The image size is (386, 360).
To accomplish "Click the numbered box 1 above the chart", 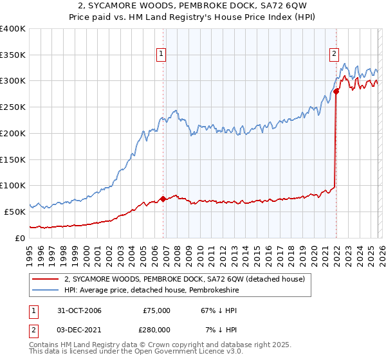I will tap(160, 55).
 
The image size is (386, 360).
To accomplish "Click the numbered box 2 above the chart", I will tap(335, 55).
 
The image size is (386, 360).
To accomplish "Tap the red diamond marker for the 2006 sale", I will tap(163, 199).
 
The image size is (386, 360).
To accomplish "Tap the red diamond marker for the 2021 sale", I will tap(336, 92).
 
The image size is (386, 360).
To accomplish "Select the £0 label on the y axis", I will tap(20, 238).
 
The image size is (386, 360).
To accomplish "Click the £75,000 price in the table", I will tap(156, 310).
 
